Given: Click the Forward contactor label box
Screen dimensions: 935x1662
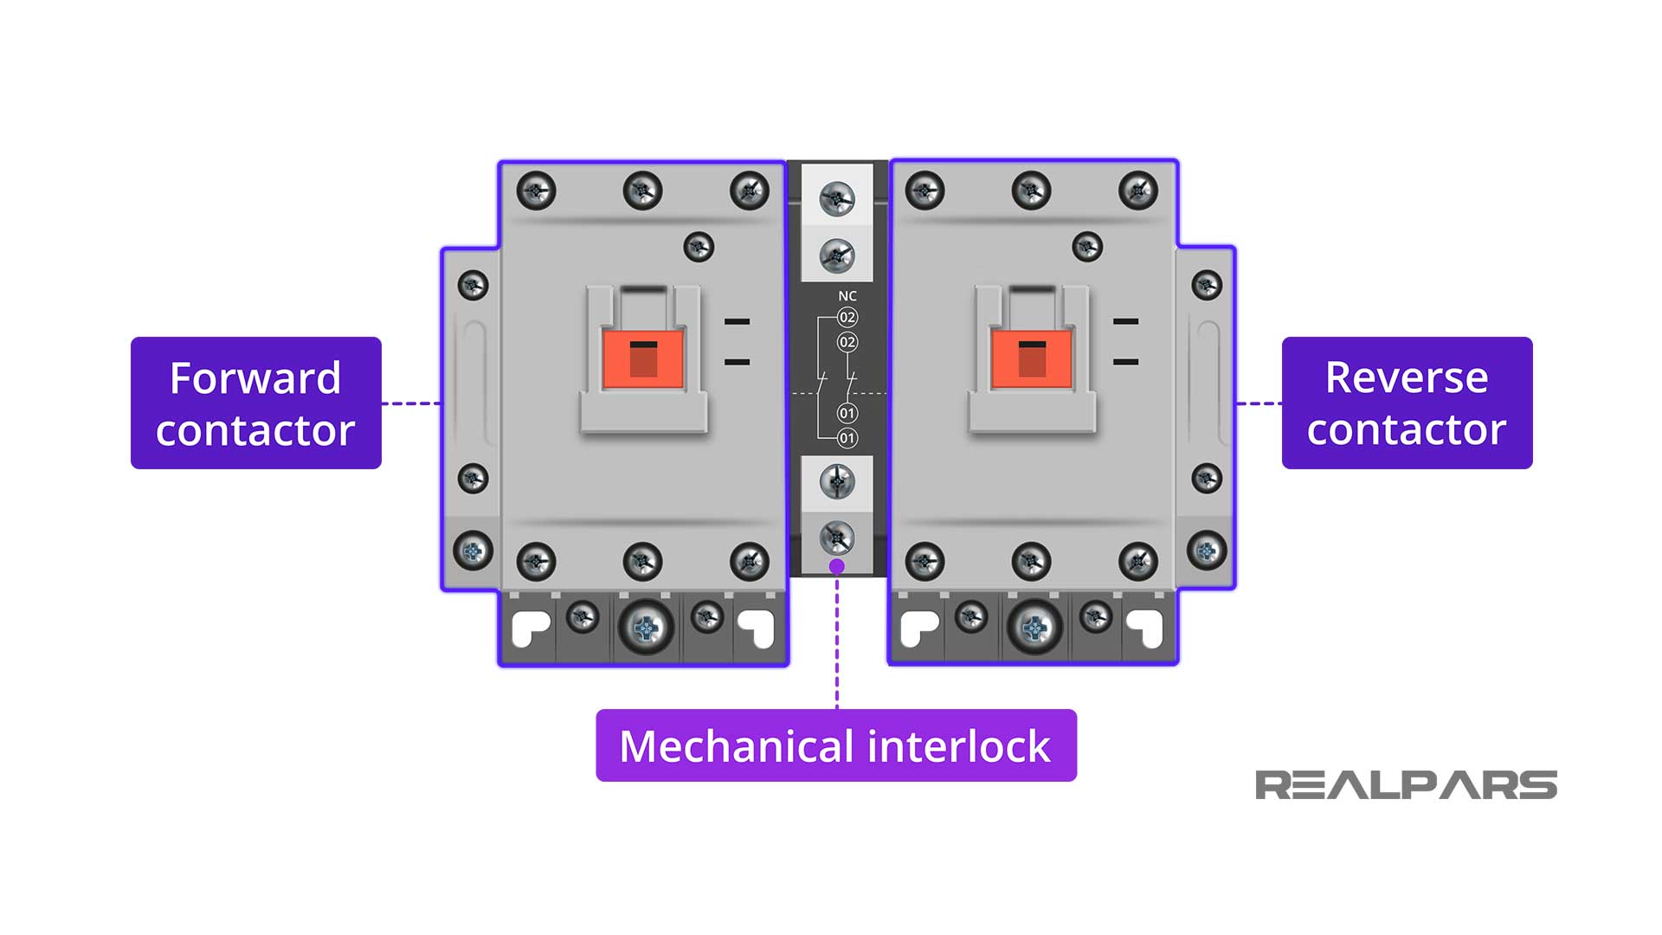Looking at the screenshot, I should point(255,403).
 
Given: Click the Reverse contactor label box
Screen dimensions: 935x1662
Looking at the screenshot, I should point(1407,403).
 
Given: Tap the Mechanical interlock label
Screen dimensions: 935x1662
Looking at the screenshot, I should point(836,745).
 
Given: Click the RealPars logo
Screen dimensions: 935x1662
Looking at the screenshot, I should point(1406,785).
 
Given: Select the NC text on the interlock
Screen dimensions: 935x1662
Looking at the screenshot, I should point(847,296).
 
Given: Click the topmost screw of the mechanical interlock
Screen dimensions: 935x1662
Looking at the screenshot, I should point(837,199).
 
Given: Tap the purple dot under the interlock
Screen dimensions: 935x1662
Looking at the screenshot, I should point(836,566).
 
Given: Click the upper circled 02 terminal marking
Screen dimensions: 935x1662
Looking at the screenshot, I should point(847,318).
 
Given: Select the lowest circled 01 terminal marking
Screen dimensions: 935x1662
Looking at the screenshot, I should point(847,438).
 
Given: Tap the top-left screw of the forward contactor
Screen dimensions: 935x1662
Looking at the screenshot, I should point(536,190).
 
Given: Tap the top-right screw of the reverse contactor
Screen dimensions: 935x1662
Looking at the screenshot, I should point(1137,190).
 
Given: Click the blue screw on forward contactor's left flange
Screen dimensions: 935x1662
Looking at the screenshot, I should point(473,551).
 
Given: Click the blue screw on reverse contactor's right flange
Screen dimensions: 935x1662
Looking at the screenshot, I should point(1207,551).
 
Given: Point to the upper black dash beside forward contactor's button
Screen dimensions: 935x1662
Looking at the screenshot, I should point(737,321).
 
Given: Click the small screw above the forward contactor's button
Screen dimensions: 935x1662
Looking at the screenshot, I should point(699,247).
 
